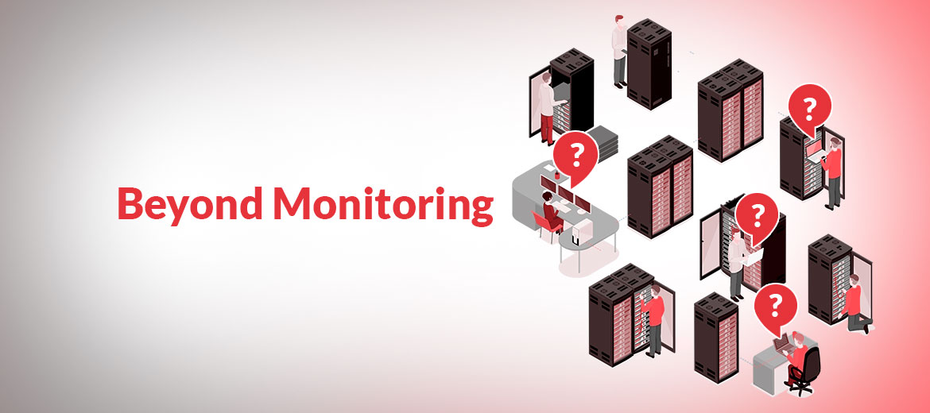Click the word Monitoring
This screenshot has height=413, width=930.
pyautogui.click(x=382, y=205)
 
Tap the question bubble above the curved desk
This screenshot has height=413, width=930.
pyautogui.click(x=574, y=153)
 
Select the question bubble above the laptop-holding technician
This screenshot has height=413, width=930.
pyautogui.click(x=809, y=108)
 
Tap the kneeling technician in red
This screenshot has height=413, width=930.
pyautogui.click(x=855, y=306)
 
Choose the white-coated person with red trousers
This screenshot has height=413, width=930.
pyautogui.click(x=546, y=107)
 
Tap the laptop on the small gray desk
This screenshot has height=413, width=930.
pyautogui.click(x=782, y=343)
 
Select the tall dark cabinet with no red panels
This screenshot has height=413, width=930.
pyautogui.click(x=649, y=64)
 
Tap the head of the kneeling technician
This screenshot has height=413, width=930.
pyautogui.click(x=854, y=280)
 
